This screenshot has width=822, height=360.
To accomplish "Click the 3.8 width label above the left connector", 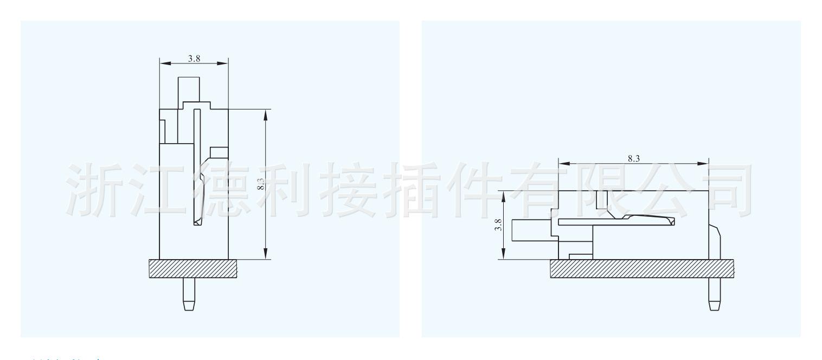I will tap(194, 59).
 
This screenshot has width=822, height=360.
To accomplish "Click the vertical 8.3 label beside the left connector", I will tap(261, 185).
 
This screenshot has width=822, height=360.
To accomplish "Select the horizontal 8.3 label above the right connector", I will tap(633, 159).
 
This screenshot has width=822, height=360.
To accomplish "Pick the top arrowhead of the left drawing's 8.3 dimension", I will tap(266, 115).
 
